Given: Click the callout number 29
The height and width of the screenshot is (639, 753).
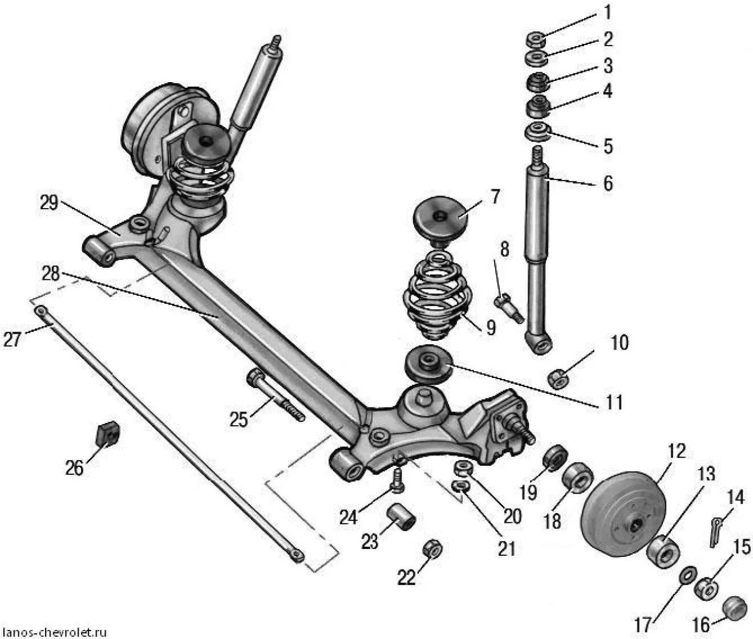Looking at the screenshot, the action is [x=49, y=203].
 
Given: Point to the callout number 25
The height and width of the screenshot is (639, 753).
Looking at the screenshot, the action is [x=238, y=420].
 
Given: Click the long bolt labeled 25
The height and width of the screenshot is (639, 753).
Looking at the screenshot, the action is [x=276, y=396].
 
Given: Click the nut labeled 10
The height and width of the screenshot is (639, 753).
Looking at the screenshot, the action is [x=558, y=378].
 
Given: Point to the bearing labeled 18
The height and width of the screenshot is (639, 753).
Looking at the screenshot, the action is [x=578, y=477].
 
